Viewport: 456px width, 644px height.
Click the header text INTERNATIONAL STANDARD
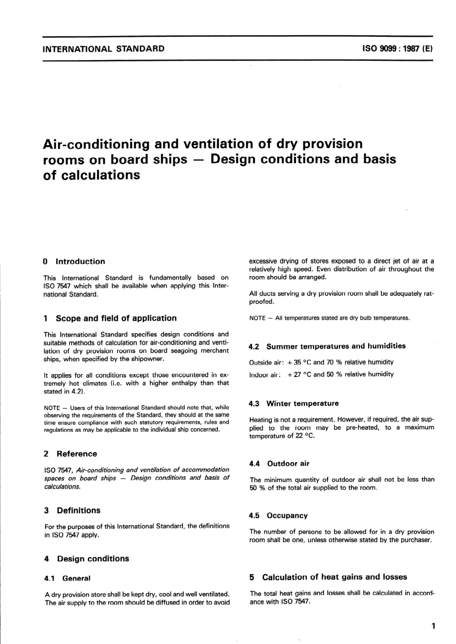coord(104,49)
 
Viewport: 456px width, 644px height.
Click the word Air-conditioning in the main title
coord(96,144)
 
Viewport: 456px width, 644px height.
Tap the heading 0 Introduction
coord(74,262)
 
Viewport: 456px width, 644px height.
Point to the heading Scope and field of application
coord(116,318)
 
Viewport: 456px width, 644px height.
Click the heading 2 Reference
coord(70,454)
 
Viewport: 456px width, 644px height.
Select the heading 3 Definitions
coord(72,510)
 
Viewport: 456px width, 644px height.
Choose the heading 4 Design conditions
coord(86,559)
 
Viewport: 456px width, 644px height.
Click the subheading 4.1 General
coord(67,579)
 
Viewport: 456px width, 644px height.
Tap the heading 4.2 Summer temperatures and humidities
coord(327,346)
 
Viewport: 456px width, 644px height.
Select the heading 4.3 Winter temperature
coord(294,404)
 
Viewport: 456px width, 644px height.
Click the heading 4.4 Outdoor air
coord(279,464)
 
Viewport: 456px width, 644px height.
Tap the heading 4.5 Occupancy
coord(278,516)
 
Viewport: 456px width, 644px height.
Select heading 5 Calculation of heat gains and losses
coord(328,577)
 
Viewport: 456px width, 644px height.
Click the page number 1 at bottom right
coord(433,626)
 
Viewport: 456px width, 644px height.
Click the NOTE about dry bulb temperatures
coord(329,318)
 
